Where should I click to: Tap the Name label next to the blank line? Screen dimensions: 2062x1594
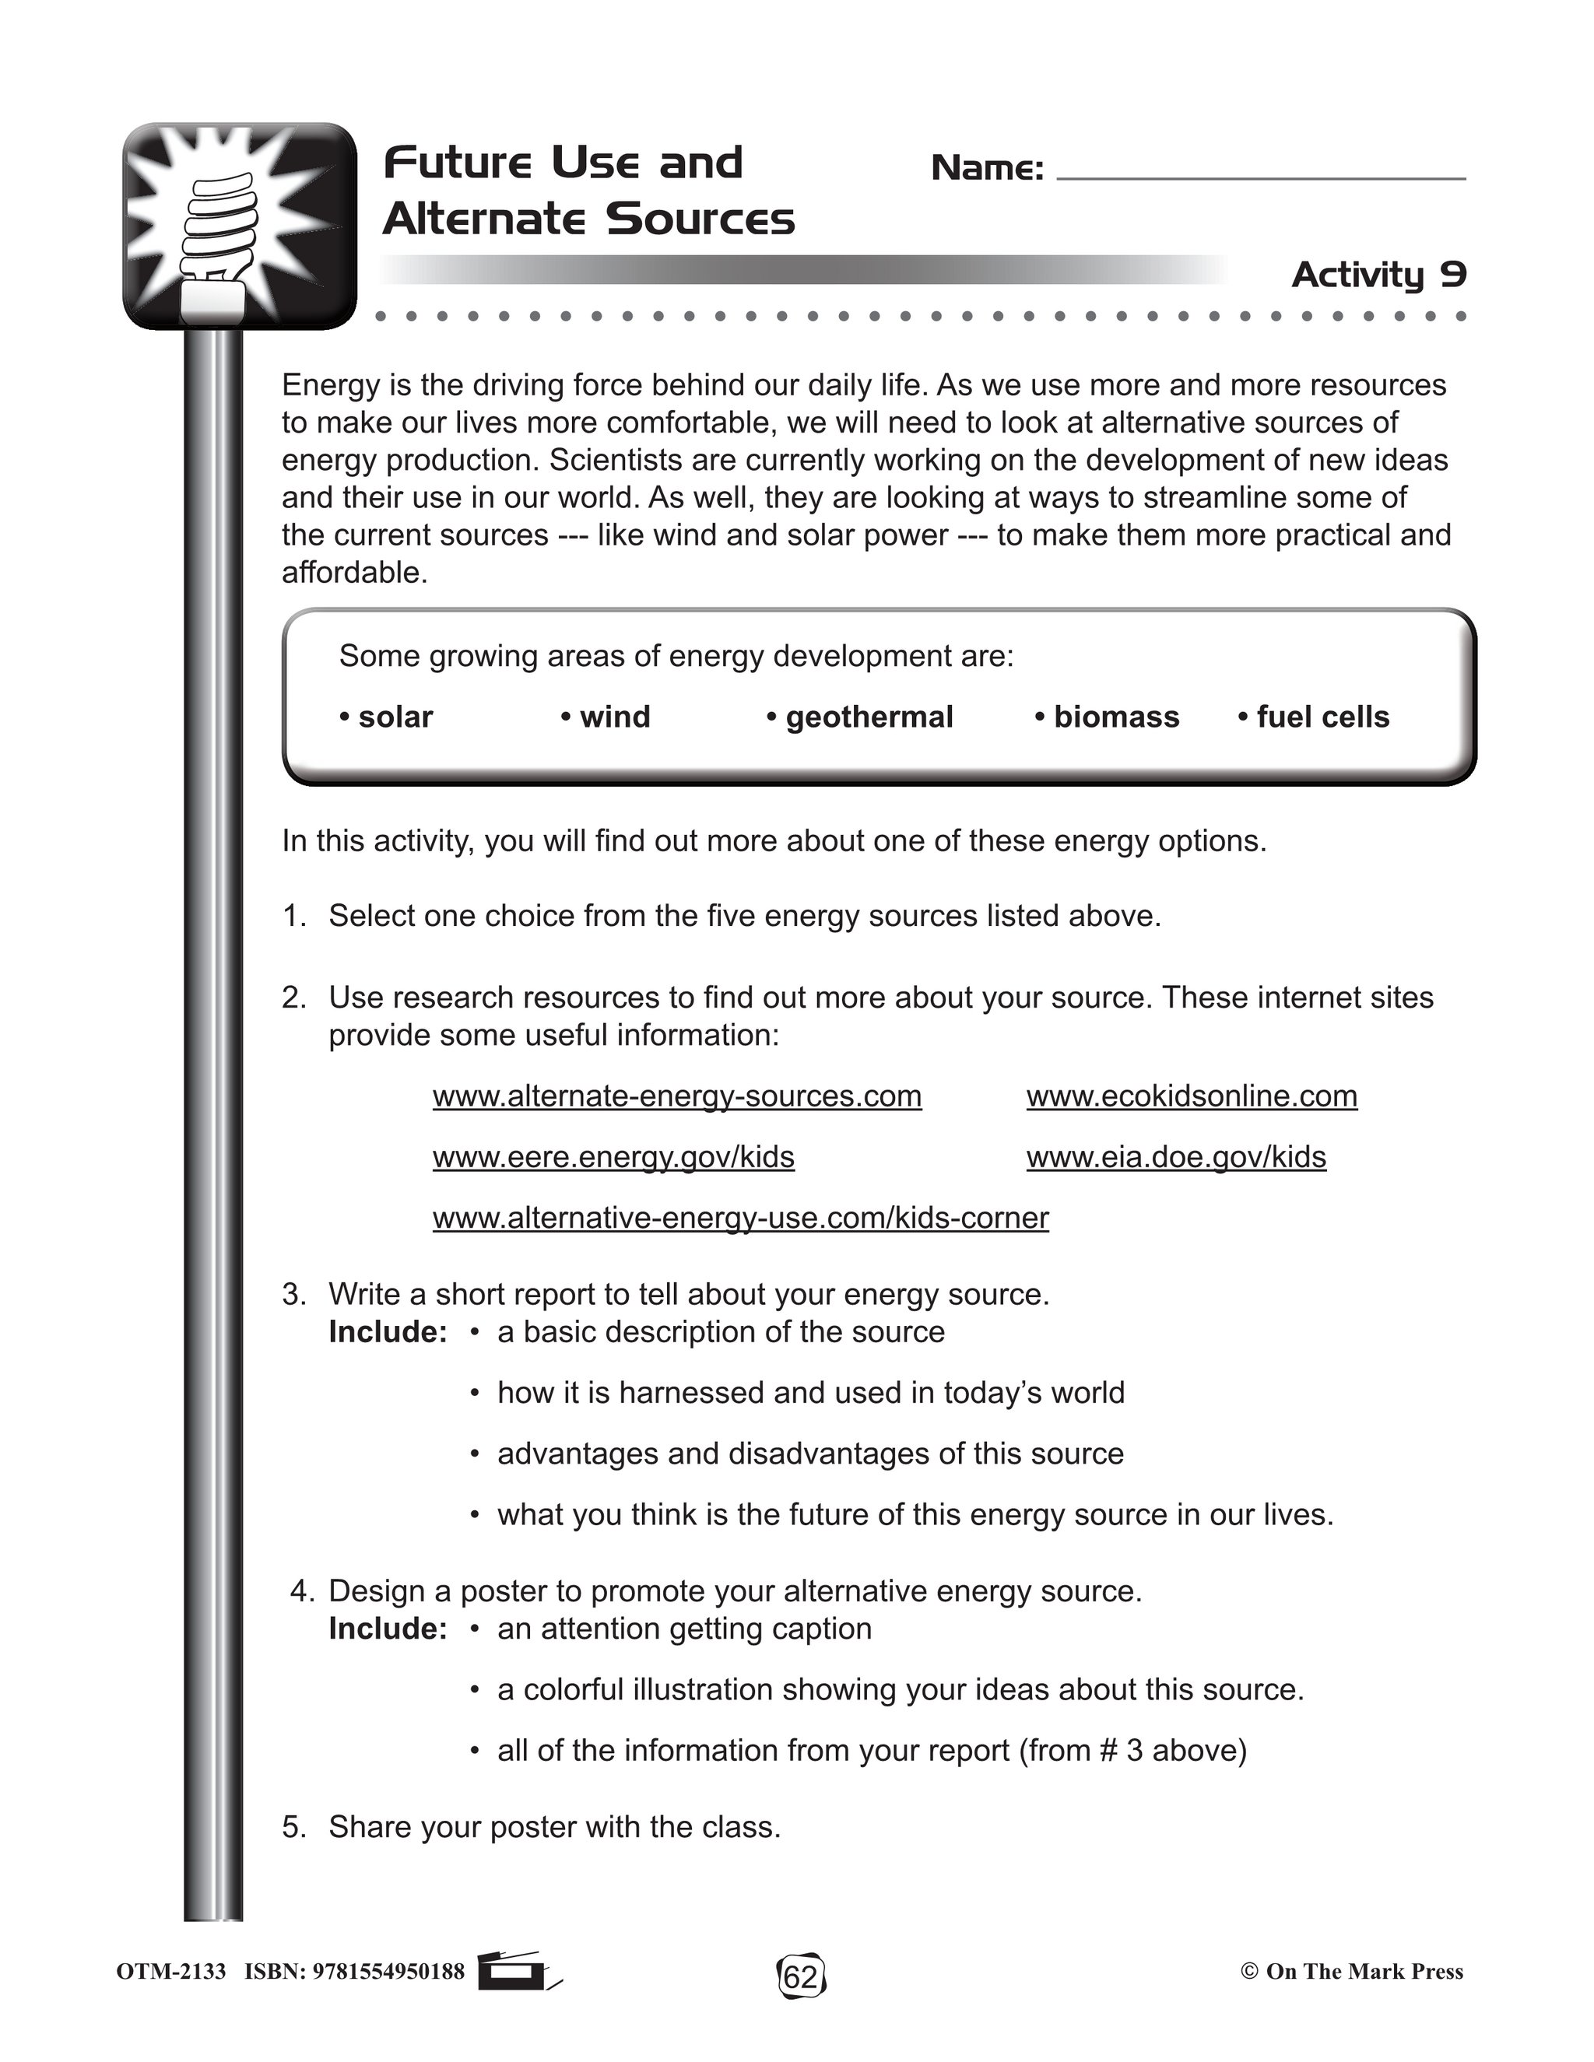987,169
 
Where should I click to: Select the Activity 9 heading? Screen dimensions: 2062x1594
1378,275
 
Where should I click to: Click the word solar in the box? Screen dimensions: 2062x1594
395,717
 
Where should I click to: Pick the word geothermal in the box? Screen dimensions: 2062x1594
869,717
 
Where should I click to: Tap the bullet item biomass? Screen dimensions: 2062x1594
1115,717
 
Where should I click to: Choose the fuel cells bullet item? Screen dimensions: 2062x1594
1322,717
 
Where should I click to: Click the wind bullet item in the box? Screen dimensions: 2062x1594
615,717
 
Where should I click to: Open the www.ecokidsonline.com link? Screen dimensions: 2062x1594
1192,1096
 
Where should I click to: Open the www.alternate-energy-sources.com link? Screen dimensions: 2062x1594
677,1096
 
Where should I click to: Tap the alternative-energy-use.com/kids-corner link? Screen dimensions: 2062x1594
740,1218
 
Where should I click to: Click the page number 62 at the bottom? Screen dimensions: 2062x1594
801,1975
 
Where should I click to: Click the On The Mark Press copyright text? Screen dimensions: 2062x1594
1351,1972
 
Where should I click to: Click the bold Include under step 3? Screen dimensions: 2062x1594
387,1332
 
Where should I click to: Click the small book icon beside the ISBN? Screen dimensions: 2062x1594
514,1972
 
